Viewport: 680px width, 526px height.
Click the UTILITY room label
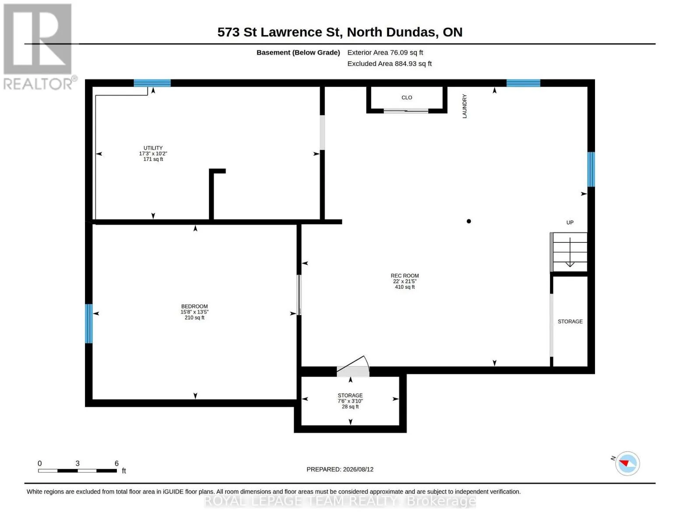pyautogui.click(x=153, y=148)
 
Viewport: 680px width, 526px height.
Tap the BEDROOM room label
pyautogui.click(x=194, y=306)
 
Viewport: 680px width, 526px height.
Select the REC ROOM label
pyautogui.click(x=405, y=276)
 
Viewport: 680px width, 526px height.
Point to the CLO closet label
pyautogui.click(x=407, y=98)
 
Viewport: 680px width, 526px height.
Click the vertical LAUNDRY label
pyautogui.click(x=465, y=106)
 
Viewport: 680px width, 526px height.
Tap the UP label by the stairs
pyautogui.click(x=570, y=222)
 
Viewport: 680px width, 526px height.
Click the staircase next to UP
pyautogui.click(x=569, y=252)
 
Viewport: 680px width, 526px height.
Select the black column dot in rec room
pyautogui.click(x=469, y=221)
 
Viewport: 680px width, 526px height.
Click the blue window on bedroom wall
pyautogui.click(x=89, y=323)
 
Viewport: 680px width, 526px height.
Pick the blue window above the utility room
pyautogui.click(x=152, y=83)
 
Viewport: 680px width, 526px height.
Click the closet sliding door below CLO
pyautogui.click(x=406, y=110)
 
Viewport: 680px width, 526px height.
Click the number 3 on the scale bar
pyautogui.click(x=78, y=463)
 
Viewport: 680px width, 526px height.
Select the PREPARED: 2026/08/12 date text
pyautogui.click(x=340, y=469)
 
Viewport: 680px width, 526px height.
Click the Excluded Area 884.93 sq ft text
pyautogui.click(x=389, y=64)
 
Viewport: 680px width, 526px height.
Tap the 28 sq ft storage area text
pyautogui.click(x=350, y=407)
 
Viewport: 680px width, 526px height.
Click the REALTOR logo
pyautogui.click(x=39, y=46)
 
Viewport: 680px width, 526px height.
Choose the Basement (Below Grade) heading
pyautogui.click(x=298, y=53)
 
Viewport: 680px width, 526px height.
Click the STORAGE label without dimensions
pyautogui.click(x=570, y=321)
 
